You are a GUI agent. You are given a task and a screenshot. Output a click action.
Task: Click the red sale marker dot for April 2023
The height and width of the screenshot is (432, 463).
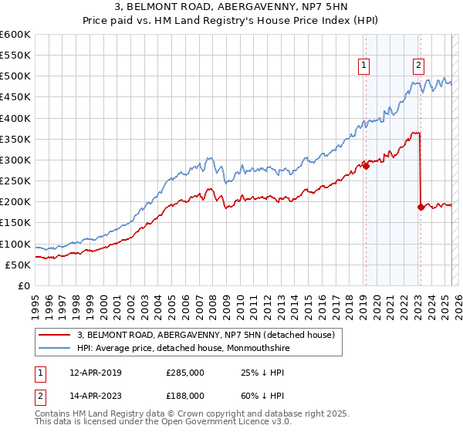[421, 207]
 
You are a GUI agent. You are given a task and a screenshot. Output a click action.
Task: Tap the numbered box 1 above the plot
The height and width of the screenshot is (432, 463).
[363, 66]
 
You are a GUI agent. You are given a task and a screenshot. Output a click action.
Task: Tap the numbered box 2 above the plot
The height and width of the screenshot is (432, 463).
[418, 66]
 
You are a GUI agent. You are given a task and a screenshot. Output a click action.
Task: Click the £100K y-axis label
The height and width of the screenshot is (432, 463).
[17, 244]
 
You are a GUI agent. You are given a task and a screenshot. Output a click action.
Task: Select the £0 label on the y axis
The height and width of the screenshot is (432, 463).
[25, 285]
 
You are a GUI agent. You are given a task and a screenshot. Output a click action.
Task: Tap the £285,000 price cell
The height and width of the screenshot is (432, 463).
[184, 373]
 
